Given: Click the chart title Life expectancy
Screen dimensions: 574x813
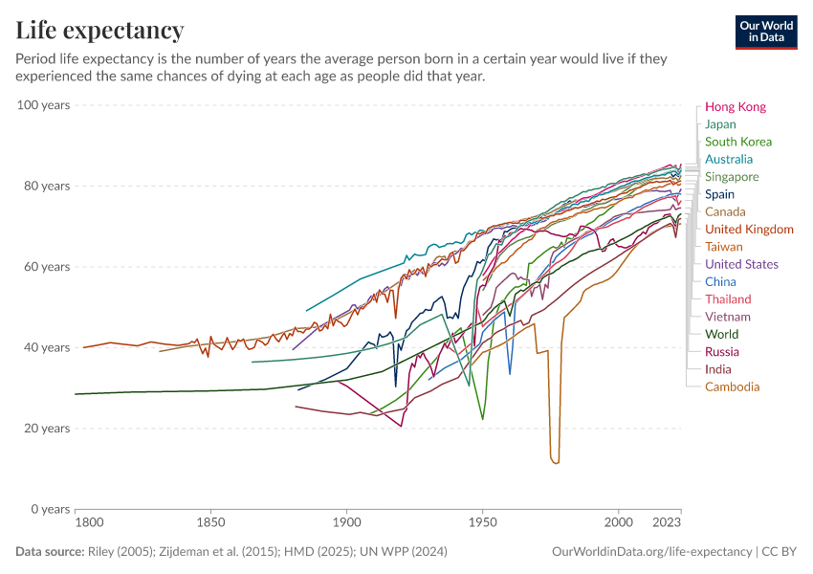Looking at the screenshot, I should click(99, 31).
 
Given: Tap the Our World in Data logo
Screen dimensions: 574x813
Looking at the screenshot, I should click(765, 32).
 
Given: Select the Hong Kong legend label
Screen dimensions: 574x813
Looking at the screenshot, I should click(735, 107).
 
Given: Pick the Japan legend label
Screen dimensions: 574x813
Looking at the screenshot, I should click(720, 124).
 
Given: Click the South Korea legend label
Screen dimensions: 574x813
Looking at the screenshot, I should click(737, 142).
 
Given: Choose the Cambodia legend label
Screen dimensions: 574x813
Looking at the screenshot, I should click(732, 386).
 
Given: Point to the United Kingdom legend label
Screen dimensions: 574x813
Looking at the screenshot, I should click(749, 230).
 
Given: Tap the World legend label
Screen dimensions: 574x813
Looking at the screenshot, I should click(721, 334).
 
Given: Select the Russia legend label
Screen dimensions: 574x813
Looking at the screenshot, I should click(721, 352).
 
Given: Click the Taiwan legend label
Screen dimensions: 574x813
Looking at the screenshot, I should click(723, 247).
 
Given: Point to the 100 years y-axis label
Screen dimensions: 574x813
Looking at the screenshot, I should click(43, 105).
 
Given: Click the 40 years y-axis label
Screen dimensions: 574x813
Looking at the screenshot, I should click(47, 347).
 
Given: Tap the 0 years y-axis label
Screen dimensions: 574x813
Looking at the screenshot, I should click(51, 509).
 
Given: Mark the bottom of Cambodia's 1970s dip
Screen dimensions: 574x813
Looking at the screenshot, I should click(555, 463).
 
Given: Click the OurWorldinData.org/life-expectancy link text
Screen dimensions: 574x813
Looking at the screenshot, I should click(651, 552).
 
